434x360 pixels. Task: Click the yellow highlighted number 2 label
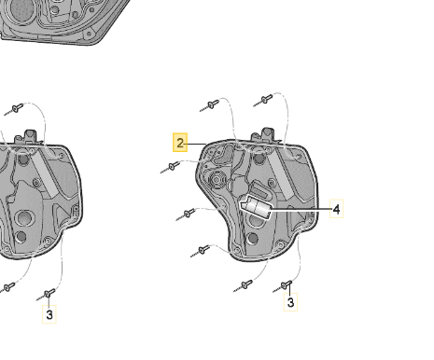[180, 143]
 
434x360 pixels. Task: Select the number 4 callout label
[336, 209]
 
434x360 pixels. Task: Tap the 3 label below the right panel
[290, 302]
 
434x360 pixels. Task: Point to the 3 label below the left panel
[49, 314]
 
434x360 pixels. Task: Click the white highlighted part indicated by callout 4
[256, 207]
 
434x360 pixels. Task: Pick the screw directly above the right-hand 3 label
[283, 286]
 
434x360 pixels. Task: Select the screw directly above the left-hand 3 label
[46, 295]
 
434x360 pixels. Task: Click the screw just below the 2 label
[170, 167]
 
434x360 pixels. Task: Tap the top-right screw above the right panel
[263, 101]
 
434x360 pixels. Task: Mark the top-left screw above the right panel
[209, 105]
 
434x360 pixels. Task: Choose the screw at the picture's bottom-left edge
[7, 288]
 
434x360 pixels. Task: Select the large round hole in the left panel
[24, 217]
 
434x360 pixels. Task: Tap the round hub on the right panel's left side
[216, 180]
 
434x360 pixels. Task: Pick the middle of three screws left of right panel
[186, 215]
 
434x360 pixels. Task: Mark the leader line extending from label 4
[301, 210]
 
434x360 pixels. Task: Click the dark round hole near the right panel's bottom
[253, 239]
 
